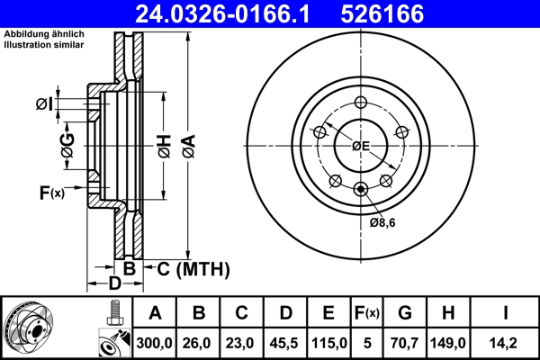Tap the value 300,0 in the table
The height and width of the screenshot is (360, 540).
pos(156,342)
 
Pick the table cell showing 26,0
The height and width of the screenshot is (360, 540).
pos(199,342)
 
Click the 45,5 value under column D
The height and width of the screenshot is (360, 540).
pos(285,342)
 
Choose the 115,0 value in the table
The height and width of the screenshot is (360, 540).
pos(328,342)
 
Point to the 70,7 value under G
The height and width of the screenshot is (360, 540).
pos(404,342)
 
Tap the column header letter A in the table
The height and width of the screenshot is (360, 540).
pos(156,313)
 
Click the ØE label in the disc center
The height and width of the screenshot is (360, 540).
pos(361,146)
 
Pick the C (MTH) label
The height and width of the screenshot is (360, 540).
pos(193,269)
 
